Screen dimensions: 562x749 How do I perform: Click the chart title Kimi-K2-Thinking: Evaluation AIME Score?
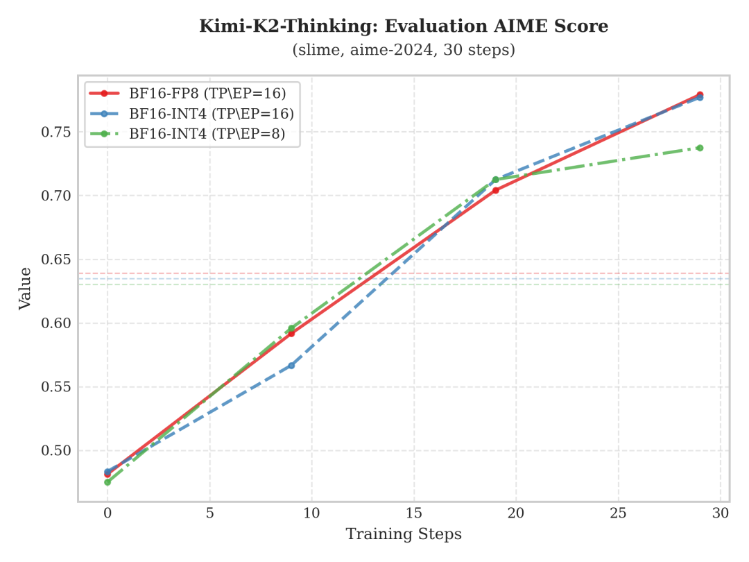coord(404,26)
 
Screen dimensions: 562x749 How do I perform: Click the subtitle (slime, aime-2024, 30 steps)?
coord(404,50)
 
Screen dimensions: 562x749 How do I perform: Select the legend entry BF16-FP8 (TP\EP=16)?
coord(207,93)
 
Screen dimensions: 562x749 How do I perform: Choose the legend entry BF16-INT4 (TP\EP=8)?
coord(207,133)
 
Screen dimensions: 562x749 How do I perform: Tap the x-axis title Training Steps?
coord(404,534)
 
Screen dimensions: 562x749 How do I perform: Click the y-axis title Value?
coord(25,288)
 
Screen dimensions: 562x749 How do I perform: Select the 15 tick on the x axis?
coord(414,513)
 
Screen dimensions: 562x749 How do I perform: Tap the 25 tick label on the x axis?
coord(618,513)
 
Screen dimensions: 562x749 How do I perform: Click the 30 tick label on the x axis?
coord(720,513)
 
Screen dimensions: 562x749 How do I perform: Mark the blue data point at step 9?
coord(291,365)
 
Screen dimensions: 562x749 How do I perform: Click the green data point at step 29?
coord(700,148)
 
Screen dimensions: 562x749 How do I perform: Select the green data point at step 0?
coord(107,482)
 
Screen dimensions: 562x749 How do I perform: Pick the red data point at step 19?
coord(496,190)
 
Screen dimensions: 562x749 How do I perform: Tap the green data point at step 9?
coord(291,328)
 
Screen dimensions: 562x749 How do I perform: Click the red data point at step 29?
coord(700,94)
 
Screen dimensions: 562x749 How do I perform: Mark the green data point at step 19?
coord(495,180)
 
